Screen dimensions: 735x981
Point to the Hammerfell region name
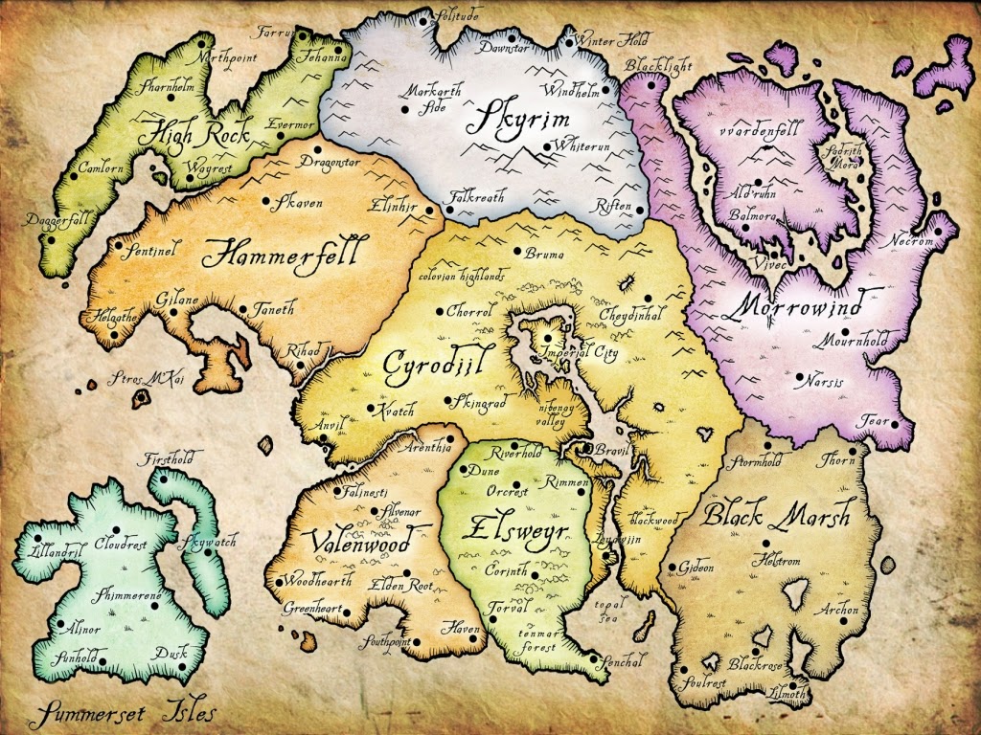point(281,256)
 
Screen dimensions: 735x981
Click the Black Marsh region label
point(776,517)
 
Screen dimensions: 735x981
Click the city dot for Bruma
point(517,253)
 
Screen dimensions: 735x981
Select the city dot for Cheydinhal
point(648,298)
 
